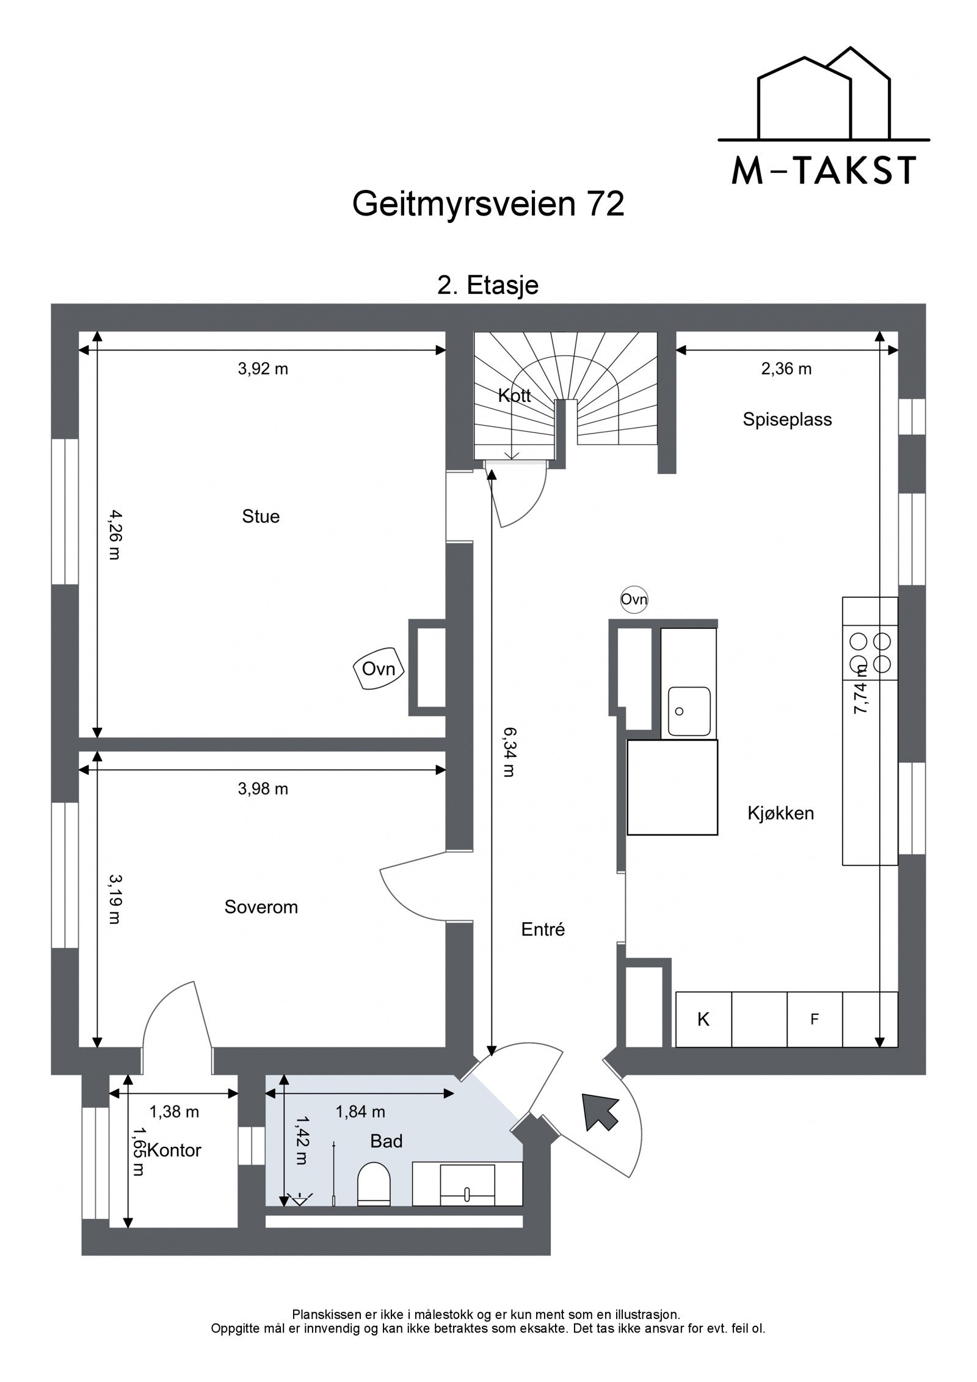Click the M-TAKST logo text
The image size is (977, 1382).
click(x=823, y=172)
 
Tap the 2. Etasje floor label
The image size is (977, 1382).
click(x=488, y=285)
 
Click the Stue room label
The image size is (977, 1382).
click(x=261, y=517)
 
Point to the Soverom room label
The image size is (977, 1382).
click(x=261, y=907)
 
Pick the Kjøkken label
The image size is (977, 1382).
click(x=780, y=813)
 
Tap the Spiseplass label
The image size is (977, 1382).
click(x=787, y=420)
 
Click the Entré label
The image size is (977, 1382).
click(x=543, y=929)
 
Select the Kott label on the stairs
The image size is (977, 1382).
click(x=514, y=396)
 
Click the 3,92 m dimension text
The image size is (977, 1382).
click(x=263, y=369)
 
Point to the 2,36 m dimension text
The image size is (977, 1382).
click(x=786, y=369)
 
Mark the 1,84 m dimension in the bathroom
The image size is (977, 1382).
click(x=360, y=1112)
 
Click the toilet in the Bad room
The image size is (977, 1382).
click(x=373, y=1185)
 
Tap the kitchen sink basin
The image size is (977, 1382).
click(x=689, y=711)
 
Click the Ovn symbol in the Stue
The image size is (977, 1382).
click(x=379, y=669)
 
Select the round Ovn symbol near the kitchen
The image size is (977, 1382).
click(x=634, y=600)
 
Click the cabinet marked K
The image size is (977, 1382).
click(x=703, y=1019)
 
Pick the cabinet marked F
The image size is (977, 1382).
click(x=814, y=1019)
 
